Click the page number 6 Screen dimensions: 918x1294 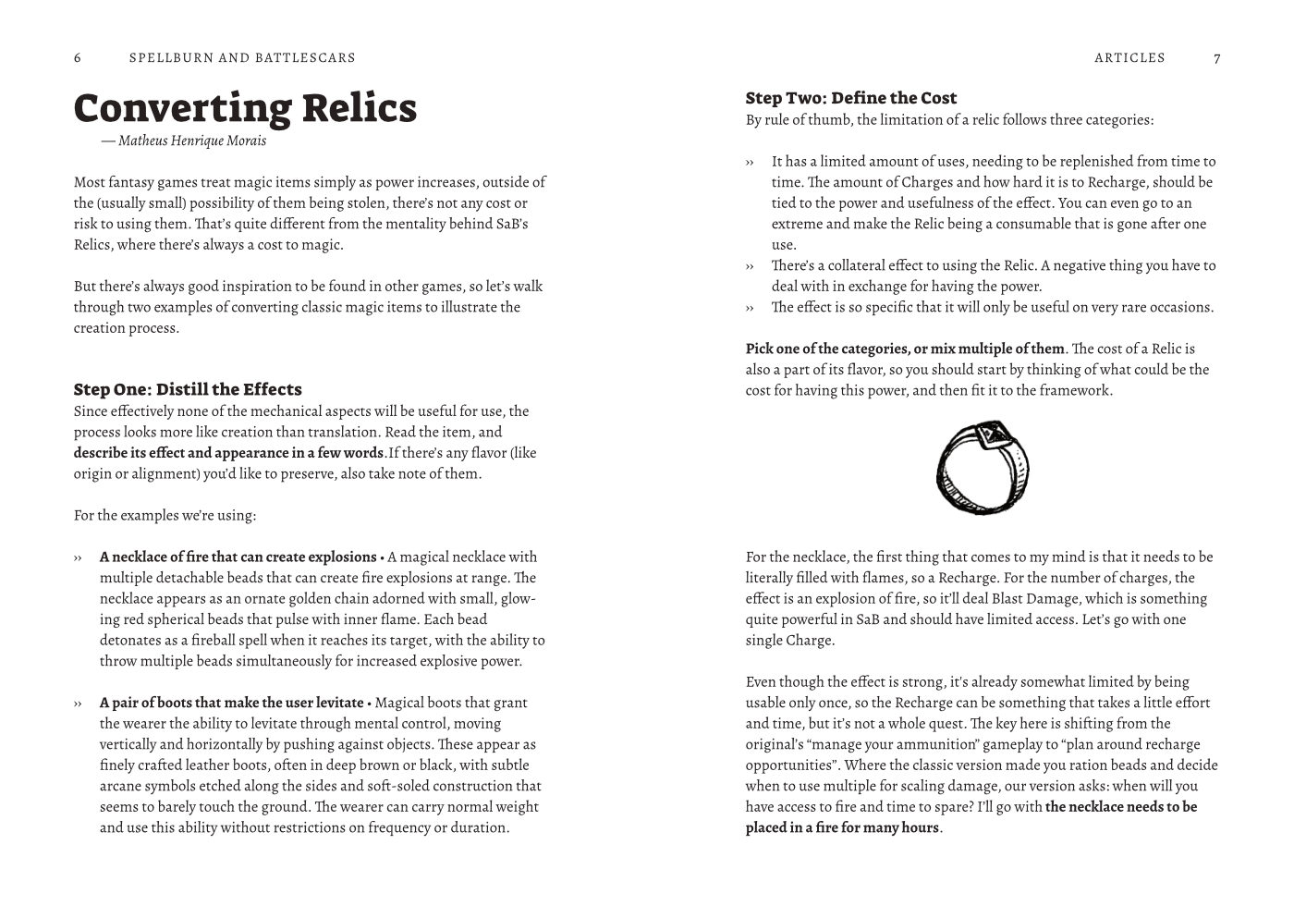tap(78, 58)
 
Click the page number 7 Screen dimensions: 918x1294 tap(1216, 58)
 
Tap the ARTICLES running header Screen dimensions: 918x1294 tap(1129, 58)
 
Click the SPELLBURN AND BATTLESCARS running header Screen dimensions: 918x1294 tap(242, 58)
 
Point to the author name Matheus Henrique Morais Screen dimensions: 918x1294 tap(191, 141)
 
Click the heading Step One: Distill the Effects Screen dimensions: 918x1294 tap(188, 389)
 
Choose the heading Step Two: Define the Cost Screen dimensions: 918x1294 tap(851, 98)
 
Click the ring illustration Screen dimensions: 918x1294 tap(982, 468)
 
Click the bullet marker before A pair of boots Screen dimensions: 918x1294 tap(78, 704)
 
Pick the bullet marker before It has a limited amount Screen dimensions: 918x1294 tap(750, 162)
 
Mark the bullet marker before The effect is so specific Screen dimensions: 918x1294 tap(750, 308)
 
